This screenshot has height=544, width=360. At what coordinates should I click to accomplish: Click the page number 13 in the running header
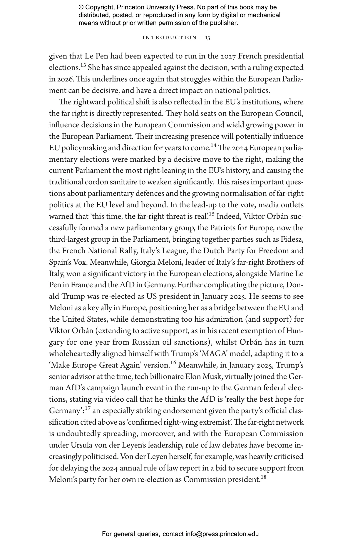pos(207,38)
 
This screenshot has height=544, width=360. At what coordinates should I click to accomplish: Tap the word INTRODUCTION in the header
pos(170,38)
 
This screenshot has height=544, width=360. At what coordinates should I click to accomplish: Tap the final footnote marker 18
pos(263,477)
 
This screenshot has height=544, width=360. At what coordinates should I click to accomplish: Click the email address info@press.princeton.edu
pos(222,534)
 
